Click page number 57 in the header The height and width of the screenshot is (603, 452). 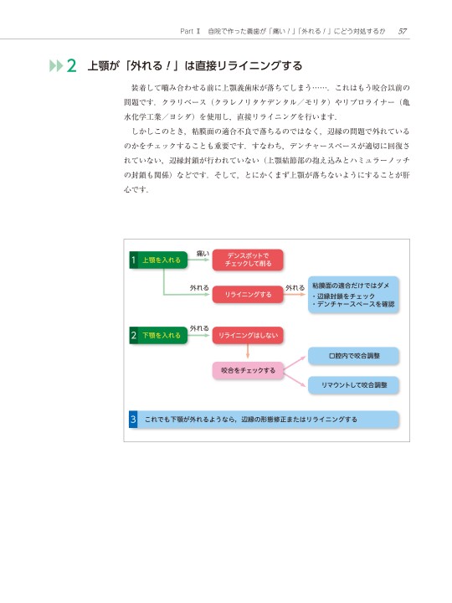[x=403, y=31]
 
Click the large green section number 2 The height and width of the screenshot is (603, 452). [x=71, y=66]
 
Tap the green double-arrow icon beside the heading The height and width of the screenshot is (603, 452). [x=56, y=66]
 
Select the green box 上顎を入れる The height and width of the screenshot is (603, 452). [x=158, y=260]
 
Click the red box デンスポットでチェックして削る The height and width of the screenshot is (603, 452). [x=248, y=260]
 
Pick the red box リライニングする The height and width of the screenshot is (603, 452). [x=248, y=295]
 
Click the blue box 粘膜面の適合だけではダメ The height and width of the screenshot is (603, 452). [x=353, y=295]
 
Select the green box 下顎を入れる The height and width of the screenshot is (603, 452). [x=158, y=335]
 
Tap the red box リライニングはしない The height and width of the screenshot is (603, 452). [x=248, y=335]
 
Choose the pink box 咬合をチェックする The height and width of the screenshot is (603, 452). [x=248, y=370]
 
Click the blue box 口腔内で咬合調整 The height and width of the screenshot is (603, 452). [x=353, y=356]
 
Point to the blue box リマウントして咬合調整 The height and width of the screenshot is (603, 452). [x=353, y=385]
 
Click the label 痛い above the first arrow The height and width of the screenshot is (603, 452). [x=203, y=254]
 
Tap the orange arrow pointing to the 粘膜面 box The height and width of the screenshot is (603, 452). [x=295, y=295]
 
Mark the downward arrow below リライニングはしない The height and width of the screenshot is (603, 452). [x=248, y=351]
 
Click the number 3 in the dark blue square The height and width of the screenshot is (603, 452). [x=133, y=420]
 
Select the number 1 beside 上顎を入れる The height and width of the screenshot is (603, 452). [x=133, y=260]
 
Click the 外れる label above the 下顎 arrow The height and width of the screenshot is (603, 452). [x=199, y=328]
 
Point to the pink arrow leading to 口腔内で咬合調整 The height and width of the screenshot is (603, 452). [x=295, y=363]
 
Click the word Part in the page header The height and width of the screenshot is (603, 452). [x=187, y=31]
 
